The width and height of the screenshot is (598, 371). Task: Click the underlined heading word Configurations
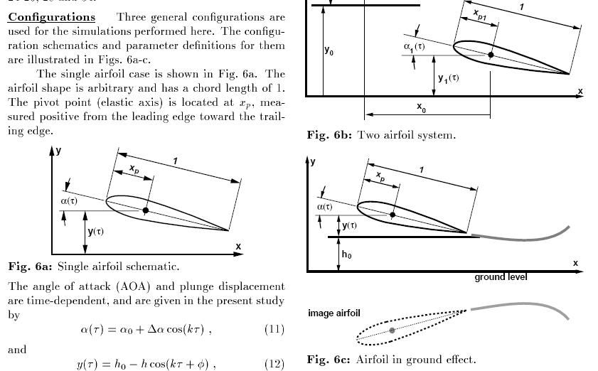pos(51,16)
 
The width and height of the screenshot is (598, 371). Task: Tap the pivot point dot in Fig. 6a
pos(146,210)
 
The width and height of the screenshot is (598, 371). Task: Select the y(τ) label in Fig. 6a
pos(95,232)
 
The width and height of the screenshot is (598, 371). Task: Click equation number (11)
pos(274,329)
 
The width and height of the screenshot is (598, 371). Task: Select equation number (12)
pos(274,365)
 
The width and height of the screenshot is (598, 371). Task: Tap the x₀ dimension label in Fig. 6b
pos(422,107)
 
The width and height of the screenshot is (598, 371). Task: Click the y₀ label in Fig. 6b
pos(329,51)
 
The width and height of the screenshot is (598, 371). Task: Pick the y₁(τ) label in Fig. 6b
pos(448,77)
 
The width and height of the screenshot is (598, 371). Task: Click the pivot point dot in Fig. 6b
pos(491,54)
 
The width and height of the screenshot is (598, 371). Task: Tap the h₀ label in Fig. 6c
pos(346,254)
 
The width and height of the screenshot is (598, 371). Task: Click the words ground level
pos(501,276)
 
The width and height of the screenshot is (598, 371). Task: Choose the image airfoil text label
pos(333,313)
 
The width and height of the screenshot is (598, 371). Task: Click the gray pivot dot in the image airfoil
pos(393,330)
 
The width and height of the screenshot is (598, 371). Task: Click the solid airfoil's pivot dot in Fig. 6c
pos(393,213)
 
